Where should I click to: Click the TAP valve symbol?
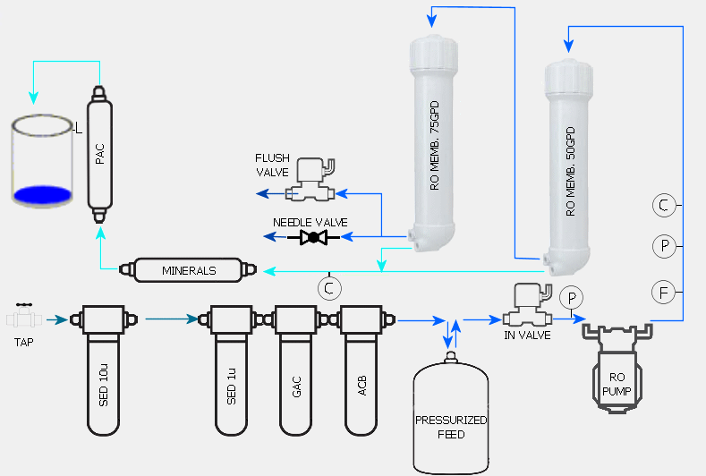(x=23, y=319)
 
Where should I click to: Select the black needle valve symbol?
(x=313, y=237)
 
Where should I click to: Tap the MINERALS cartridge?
(x=188, y=269)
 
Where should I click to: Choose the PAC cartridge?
(x=100, y=152)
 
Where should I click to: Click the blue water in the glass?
(x=42, y=193)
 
